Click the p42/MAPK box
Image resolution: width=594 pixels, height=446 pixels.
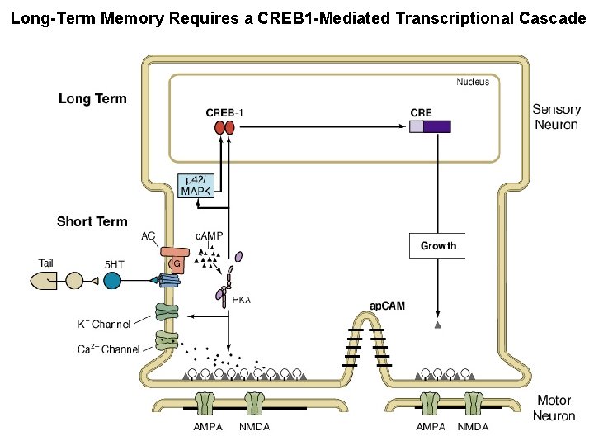click(196, 186)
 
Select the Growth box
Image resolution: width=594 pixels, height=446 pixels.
click(438, 246)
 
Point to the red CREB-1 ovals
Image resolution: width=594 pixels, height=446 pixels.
click(224, 127)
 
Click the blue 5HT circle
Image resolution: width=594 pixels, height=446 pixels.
click(112, 280)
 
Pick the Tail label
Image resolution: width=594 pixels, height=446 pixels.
click(46, 263)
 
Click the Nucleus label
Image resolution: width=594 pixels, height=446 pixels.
click(473, 82)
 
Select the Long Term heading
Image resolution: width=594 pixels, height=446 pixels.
click(92, 99)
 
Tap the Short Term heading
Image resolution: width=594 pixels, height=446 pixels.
click(92, 221)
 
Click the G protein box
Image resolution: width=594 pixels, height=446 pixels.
click(177, 264)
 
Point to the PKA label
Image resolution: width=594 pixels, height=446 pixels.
click(241, 300)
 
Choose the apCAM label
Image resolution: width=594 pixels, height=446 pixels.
click(387, 306)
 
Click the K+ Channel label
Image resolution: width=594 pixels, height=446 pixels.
click(104, 324)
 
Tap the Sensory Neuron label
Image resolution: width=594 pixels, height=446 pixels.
click(555, 117)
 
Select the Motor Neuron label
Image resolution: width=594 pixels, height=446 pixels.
click(554, 408)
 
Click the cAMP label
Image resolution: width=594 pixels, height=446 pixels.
click(209, 236)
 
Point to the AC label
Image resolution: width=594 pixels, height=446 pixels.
click(148, 236)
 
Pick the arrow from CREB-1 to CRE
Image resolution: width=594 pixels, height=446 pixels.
click(322, 126)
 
